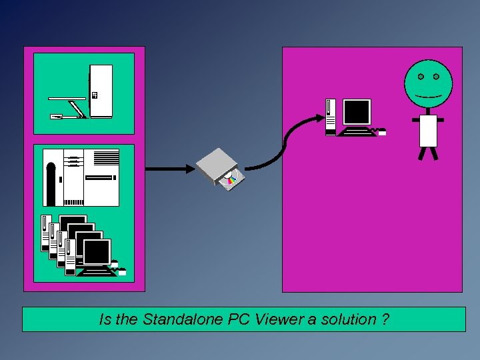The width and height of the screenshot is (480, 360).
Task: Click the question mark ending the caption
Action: tap(386, 319)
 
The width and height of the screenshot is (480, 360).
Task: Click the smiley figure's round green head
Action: tap(428, 83)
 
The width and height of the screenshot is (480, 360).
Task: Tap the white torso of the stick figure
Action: tap(428, 131)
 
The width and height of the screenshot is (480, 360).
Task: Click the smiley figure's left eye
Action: tap(421, 76)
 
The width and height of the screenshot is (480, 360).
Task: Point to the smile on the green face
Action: tap(428, 96)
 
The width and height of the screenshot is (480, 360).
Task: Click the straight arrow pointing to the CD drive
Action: tap(167, 169)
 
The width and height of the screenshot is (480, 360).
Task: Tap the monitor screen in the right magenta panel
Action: tap(356, 112)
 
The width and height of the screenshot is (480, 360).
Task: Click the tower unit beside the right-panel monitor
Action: tap(331, 117)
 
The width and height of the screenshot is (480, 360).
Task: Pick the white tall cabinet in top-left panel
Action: tap(101, 91)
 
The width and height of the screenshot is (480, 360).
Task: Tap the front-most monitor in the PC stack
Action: tap(97, 253)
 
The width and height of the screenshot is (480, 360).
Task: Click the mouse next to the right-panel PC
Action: tap(382, 133)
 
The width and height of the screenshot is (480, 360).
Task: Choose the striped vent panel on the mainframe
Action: tap(106, 158)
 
